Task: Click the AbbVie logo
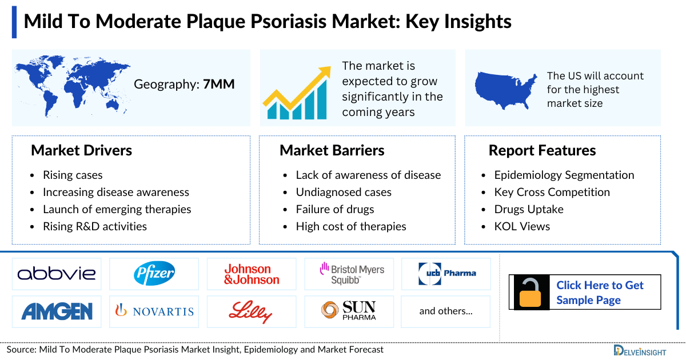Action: point(57,274)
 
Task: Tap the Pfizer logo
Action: point(154,274)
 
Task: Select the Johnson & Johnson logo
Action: point(252,274)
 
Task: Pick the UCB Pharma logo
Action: point(446,273)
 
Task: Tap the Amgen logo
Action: point(57,311)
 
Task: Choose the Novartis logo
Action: point(154,311)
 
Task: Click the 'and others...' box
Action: point(446,311)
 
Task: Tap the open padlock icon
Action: point(531,292)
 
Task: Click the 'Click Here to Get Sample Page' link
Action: point(600,292)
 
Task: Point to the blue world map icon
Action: point(72,86)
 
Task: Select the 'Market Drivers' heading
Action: point(81,150)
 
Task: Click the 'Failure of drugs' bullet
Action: point(334,209)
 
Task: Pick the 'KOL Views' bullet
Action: point(522,226)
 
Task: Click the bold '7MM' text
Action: point(219,85)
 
